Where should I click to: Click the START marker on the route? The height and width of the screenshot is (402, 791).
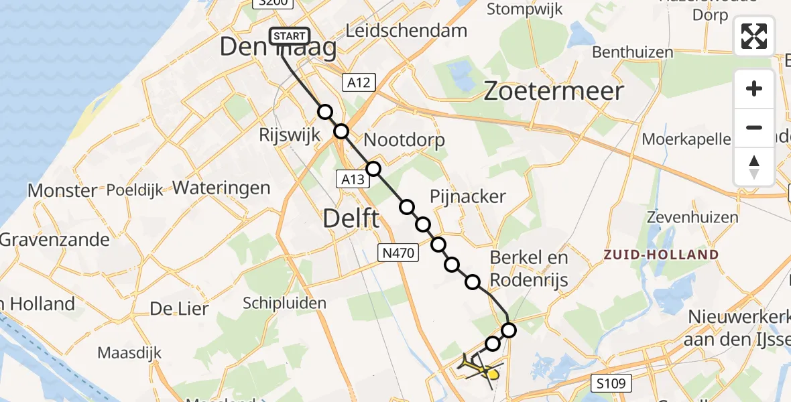[290, 36]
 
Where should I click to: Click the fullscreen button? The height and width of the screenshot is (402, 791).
[754, 36]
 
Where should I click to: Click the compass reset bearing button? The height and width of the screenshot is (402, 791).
[754, 166]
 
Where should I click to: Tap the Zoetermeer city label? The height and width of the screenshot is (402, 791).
[554, 91]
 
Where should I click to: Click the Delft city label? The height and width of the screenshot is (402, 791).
[351, 218]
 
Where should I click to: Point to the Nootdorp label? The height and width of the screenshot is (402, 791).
[404, 141]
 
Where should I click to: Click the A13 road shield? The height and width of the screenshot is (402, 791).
[352, 178]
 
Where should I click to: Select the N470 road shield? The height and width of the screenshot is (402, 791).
[398, 253]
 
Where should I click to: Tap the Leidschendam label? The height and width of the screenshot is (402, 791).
[406, 30]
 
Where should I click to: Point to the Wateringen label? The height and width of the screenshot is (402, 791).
[221, 188]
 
